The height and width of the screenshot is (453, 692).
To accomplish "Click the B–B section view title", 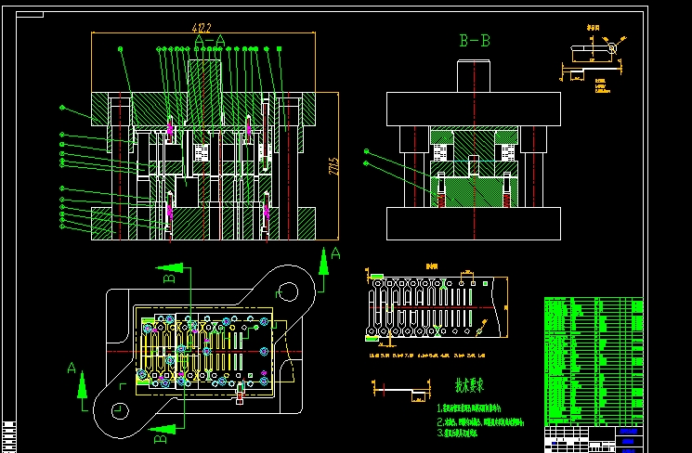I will (x=475, y=41).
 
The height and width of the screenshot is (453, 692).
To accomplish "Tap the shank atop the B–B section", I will (x=475, y=76).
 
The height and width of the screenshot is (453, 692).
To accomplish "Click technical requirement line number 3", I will (x=469, y=433).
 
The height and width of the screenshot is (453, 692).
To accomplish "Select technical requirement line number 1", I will (x=469, y=408).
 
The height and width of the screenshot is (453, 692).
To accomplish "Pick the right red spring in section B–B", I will (x=506, y=191).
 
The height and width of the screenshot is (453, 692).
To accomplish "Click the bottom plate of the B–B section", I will (x=475, y=223).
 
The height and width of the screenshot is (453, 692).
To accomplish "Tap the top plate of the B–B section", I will (x=475, y=108).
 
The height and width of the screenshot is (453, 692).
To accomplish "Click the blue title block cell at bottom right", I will (x=629, y=433).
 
